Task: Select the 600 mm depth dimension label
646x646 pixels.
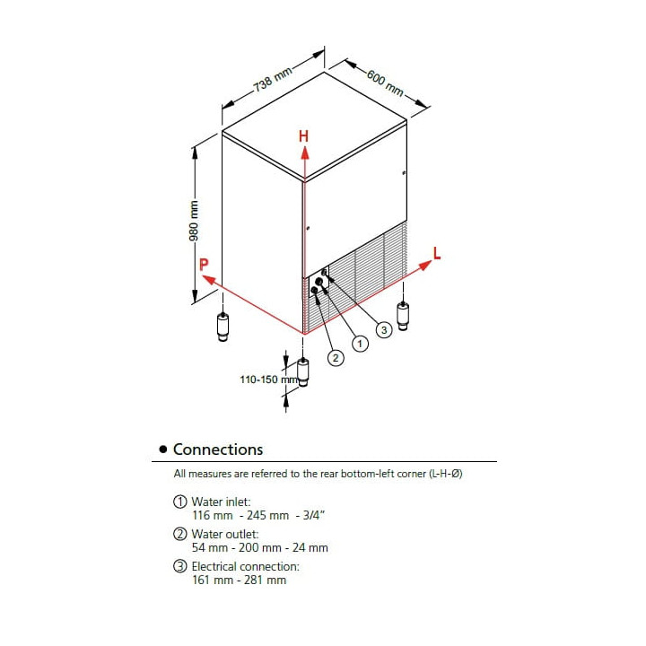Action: (385, 83)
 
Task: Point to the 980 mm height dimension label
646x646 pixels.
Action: (194, 221)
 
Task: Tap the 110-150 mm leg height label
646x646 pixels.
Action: (268, 380)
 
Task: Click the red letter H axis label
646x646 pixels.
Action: (303, 136)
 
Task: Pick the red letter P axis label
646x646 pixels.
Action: (204, 264)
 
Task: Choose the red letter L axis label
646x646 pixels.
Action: (437, 253)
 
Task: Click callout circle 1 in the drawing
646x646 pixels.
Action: (360, 343)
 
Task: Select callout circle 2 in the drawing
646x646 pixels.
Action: (336, 358)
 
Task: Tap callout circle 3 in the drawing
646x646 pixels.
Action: (384, 329)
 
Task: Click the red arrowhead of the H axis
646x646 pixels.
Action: (304, 153)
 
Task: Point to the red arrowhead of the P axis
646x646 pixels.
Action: (209, 279)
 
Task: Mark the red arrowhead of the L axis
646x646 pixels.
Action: (424, 266)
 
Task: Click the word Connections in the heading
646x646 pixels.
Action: (218, 450)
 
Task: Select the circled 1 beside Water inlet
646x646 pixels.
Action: (179, 502)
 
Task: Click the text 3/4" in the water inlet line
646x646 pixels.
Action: (314, 515)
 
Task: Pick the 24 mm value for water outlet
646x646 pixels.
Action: (310, 548)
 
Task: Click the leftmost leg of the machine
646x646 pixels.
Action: (223, 327)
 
